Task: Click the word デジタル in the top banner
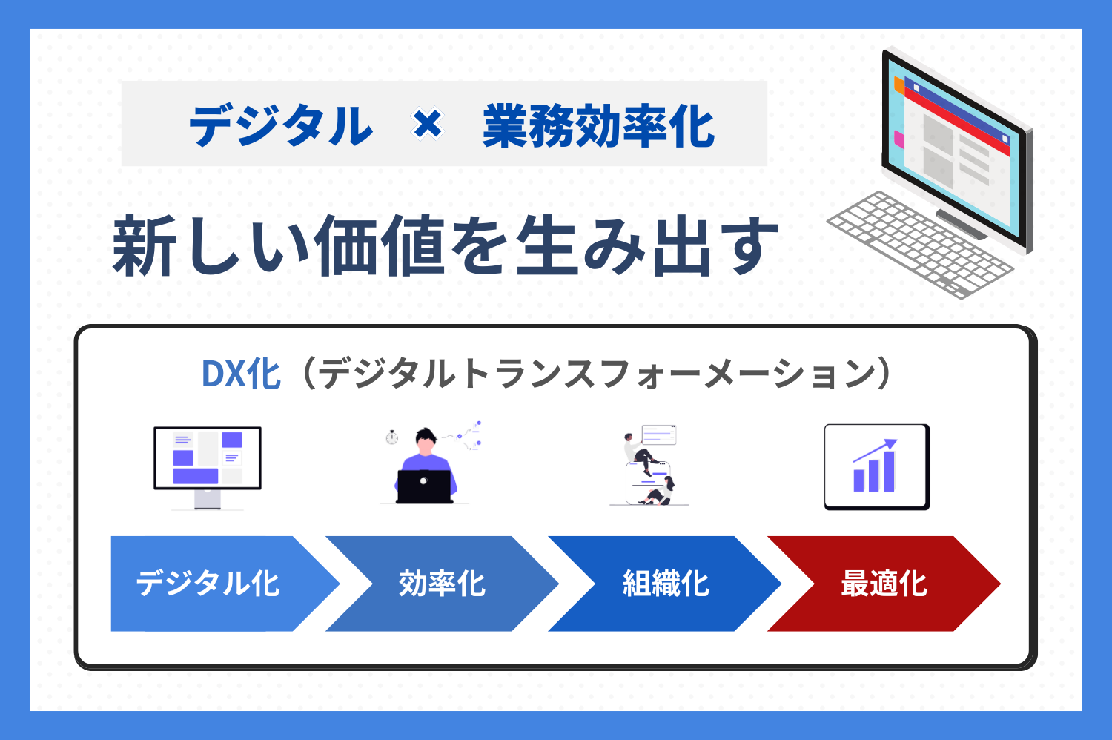280,125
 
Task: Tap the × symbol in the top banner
428,124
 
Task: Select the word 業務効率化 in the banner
598,125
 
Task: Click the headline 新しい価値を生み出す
445,245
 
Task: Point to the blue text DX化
241,374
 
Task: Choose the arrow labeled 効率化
442,584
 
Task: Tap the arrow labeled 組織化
665,584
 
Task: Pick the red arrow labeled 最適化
884,584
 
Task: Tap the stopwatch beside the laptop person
392,437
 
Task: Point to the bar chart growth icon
876,466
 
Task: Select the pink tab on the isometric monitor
899,139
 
